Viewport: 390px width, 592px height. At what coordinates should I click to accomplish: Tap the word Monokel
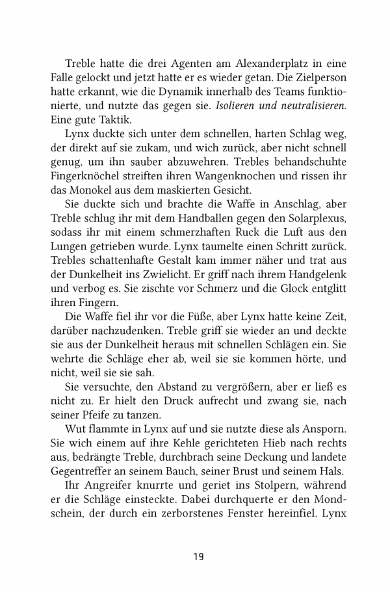coord(103,191)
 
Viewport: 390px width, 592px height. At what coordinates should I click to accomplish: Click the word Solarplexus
coord(309,220)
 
